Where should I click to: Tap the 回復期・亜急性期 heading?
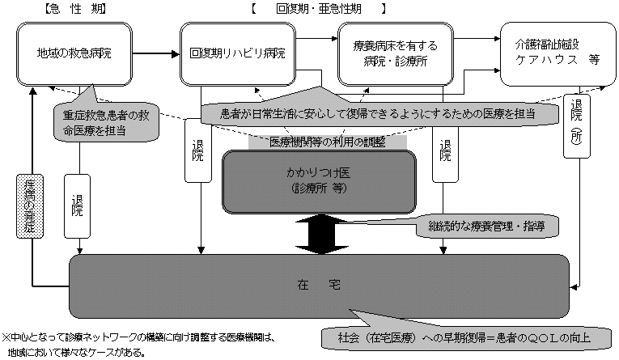[318, 9]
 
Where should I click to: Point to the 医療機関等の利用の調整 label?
[327, 141]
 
